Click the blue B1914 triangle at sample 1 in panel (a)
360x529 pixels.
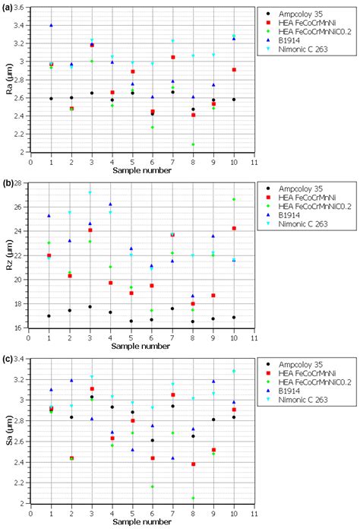(51, 25)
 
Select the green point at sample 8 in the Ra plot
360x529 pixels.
(193, 144)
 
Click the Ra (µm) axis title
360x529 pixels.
(9, 80)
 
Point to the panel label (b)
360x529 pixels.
(8, 184)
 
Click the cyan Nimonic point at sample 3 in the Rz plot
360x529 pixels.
(90, 192)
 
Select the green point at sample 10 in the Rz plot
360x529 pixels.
(234, 199)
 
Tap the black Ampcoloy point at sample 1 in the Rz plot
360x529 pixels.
(49, 316)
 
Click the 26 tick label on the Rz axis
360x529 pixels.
(21, 207)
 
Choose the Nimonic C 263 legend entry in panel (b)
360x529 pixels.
(303, 224)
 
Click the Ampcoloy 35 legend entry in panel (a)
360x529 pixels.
(300, 14)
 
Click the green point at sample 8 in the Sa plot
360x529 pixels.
(193, 498)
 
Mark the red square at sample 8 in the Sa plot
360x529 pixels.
(193, 464)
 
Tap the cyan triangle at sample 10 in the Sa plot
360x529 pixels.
(234, 371)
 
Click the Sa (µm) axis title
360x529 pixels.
(9, 430)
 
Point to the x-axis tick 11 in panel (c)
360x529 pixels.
(254, 514)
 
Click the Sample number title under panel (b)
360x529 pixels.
(141, 346)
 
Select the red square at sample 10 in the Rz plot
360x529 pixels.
(234, 229)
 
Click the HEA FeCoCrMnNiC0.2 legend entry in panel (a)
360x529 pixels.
(315, 31)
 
